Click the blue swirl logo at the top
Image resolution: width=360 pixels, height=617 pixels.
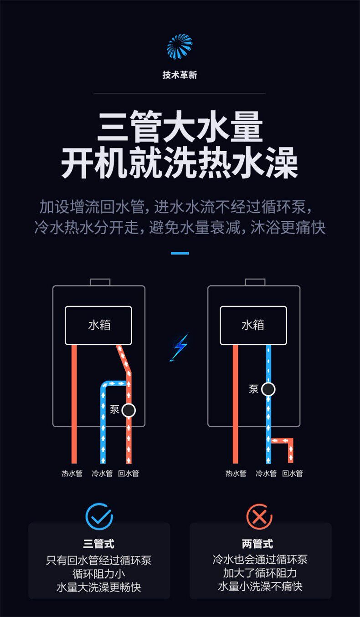180,46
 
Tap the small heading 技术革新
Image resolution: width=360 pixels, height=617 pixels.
180,75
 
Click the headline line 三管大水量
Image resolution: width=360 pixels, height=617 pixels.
180,127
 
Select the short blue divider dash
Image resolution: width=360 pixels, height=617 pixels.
180,253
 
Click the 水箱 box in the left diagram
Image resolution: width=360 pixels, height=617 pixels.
98,325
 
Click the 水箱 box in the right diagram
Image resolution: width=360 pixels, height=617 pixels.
253,325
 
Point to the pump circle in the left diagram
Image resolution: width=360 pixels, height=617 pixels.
129,410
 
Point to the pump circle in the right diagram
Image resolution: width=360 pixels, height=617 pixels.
268,389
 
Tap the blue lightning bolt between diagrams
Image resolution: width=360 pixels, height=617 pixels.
180,347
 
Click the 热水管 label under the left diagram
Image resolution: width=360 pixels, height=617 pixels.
72,473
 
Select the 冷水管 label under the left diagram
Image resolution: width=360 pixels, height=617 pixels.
102,473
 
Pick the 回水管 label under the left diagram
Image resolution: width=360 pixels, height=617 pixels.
129,473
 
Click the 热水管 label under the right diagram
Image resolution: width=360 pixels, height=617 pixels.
236,473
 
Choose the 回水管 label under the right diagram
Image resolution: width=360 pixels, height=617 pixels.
293,473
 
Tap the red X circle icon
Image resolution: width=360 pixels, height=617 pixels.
259,517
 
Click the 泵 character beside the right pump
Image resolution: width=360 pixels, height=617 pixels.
254,389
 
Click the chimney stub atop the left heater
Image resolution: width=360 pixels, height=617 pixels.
100,282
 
